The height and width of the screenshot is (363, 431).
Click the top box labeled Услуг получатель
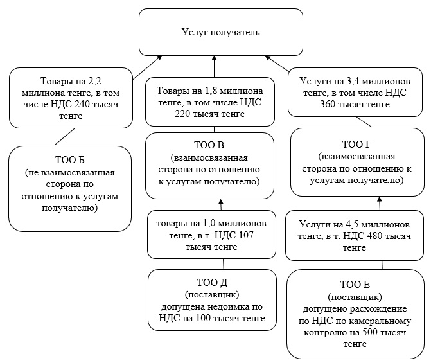(x=220, y=31)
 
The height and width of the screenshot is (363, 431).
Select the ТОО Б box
(x=71, y=189)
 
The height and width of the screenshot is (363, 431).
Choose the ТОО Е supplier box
(x=355, y=314)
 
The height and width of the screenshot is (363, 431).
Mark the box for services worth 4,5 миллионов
(x=355, y=236)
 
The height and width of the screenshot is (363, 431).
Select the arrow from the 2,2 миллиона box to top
(x=146, y=67)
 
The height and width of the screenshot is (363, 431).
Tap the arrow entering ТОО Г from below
(x=379, y=203)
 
